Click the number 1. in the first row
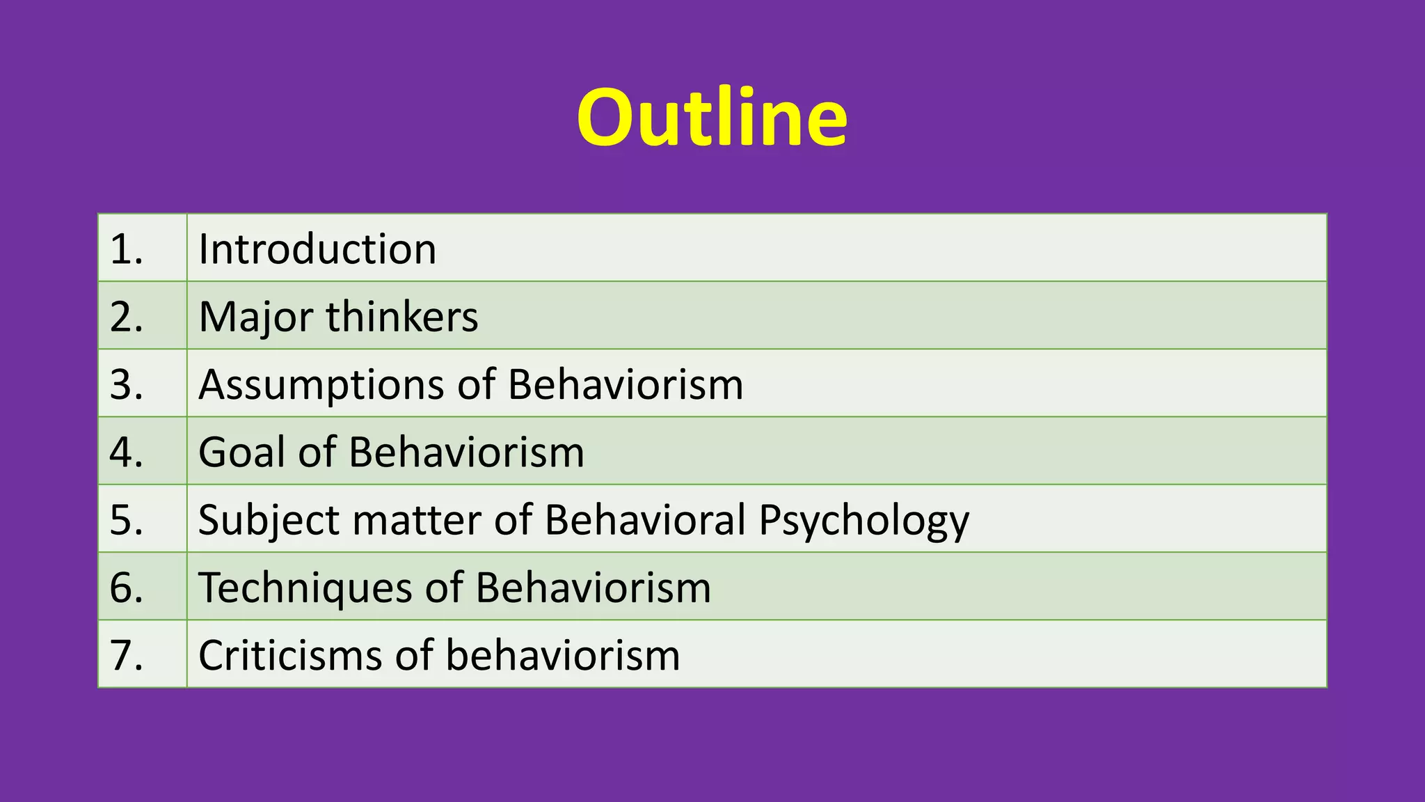coord(126,249)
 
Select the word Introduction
coord(317,249)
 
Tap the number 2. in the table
coord(126,317)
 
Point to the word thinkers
coord(402,317)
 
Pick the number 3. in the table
coord(126,384)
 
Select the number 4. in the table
coord(126,452)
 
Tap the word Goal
coord(241,452)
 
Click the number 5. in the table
coord(126,519)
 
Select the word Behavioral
coord(645,519)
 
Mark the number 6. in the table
coord(126,587)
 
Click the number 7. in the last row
coord(126,655)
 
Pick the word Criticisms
coord(290,655)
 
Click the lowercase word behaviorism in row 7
coord(562,655)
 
